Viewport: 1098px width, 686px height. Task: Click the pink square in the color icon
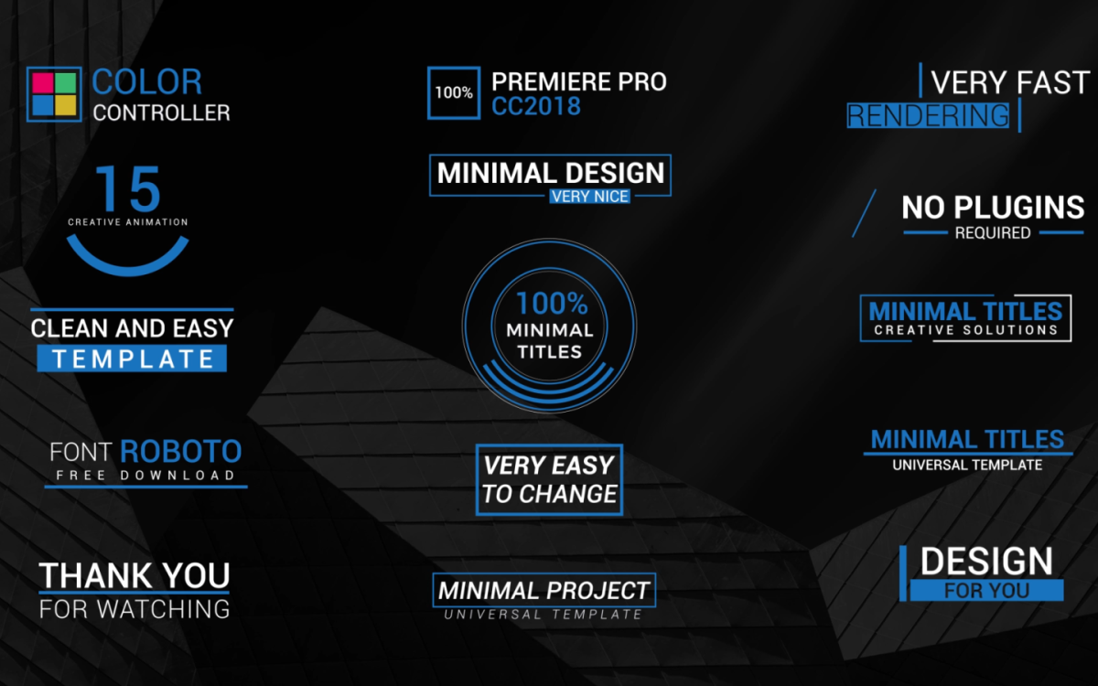tap(42, 83)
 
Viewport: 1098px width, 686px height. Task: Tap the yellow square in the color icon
tap(66, 105)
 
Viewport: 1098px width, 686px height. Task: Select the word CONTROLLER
tap(161, 113)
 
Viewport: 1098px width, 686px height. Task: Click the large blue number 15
tap(128, 188)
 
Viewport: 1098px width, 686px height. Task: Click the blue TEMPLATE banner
tap(132, 359)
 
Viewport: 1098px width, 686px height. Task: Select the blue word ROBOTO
tap(181, 451)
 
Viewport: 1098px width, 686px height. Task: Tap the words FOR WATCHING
tap(135, 609)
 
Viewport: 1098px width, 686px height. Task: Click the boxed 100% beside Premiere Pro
tap(454, 92)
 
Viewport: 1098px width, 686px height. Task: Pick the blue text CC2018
tap(536, 106)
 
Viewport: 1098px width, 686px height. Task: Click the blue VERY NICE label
tap(589, 197)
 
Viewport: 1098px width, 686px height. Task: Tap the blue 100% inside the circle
tap(552, 304)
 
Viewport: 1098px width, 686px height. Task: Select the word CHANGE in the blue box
tap(568, 493)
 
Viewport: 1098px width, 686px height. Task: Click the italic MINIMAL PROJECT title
tap(544, 591)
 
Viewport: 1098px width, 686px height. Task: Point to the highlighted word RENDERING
tap(928, 115)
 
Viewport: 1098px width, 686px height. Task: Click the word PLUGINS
tap(1019, 208)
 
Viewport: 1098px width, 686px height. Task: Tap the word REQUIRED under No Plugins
tap(993, 232)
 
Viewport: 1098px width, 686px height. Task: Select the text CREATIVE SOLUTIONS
tap(965, 330)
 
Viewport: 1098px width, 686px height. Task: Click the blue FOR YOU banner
tap(986, 591)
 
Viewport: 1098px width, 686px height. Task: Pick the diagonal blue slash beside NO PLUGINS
tap(864, 214)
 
